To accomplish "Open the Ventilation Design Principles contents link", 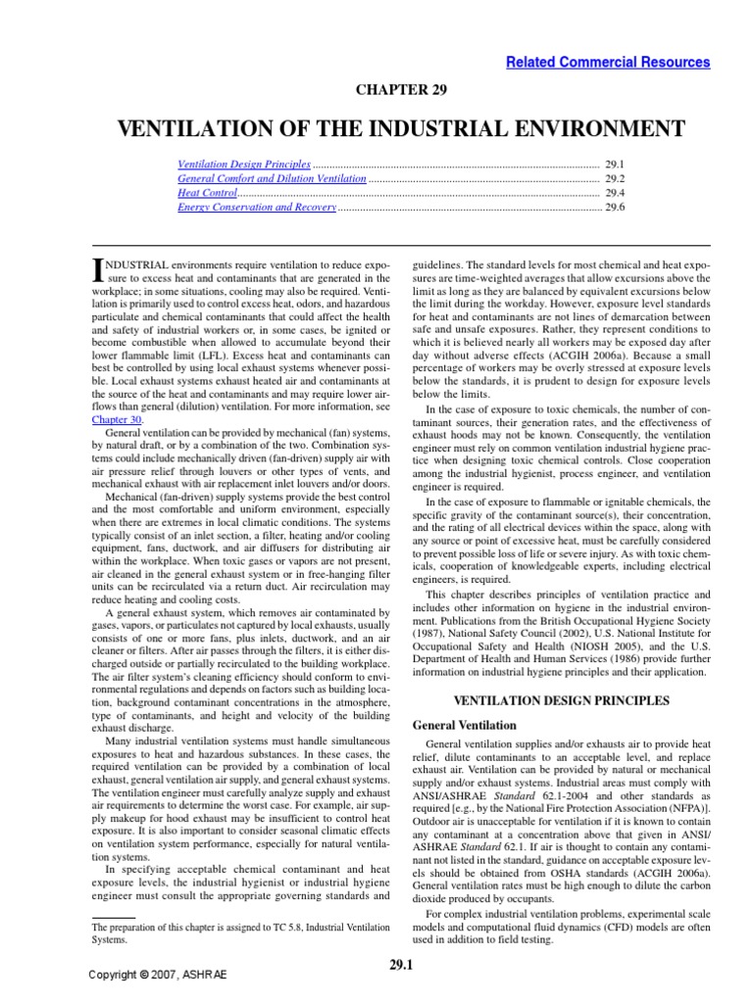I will pos(244,166).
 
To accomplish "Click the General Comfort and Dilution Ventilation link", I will pos(272,179).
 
